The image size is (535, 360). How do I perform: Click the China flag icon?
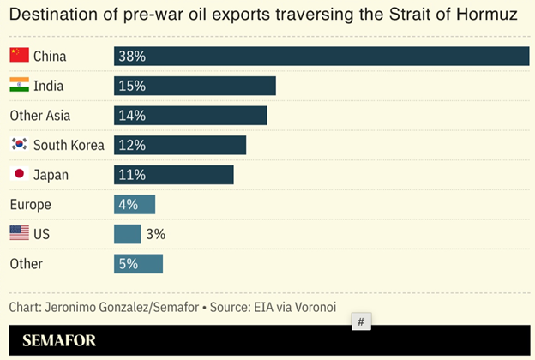pos(19,56)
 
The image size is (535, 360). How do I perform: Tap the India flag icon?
pos(19,86)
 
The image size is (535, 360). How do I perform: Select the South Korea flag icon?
pos(19,145)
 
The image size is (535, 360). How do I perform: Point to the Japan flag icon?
pos(19,175)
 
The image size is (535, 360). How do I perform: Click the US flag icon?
pos(19,233)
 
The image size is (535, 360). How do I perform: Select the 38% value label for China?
pos(132,57)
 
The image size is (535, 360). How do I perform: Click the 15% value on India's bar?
pos(132,86)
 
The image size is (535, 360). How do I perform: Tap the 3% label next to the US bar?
pos(155,234)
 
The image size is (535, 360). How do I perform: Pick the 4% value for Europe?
pos(129,205)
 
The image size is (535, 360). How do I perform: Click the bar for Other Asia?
pos(190,116)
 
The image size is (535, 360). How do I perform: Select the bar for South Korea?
pos(180,145)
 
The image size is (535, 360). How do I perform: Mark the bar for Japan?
pos(174,175)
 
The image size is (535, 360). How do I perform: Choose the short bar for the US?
pos(127,234)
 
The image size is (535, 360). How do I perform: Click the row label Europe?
pos(30,205)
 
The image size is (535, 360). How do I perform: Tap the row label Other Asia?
pos(39,116)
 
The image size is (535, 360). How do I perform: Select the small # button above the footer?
pos(361,321)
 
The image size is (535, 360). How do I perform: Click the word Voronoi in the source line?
pos(312,307)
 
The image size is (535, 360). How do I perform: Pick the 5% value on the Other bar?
pos(129,264)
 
